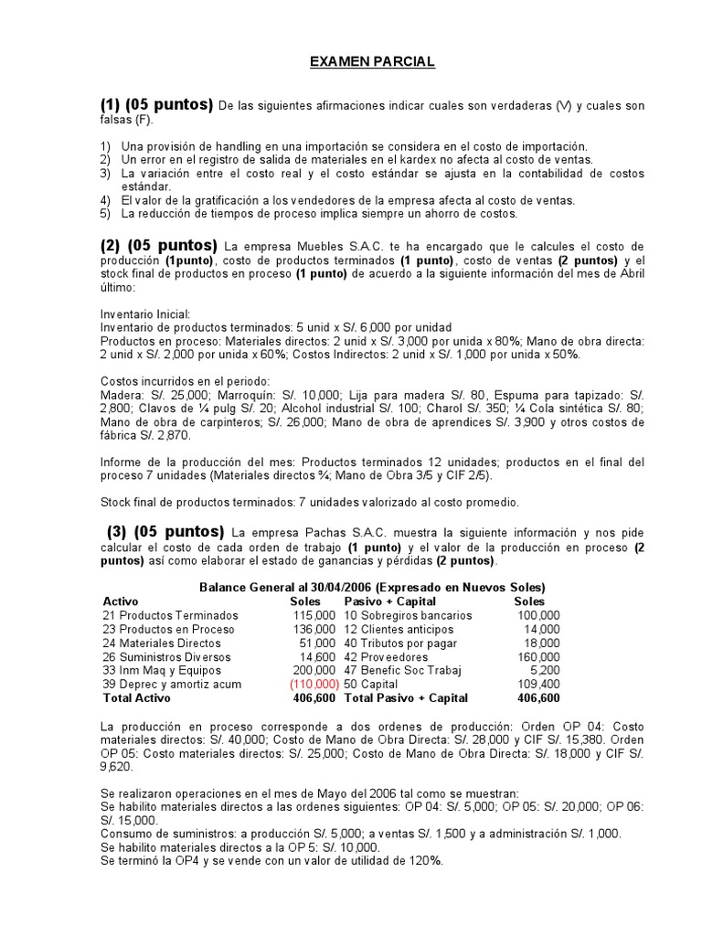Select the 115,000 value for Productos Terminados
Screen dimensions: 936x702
(x=314, y=616)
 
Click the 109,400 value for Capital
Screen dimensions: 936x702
(x=538, y=684)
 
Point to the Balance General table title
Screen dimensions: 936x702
(x=372, y=587)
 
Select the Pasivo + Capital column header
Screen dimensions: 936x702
(x=390, y=601)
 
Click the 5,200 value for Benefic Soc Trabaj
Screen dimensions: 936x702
(x=543, y=670)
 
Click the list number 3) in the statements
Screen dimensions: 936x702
(x=105, y=173)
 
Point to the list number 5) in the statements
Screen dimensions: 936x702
(x=105, y=214)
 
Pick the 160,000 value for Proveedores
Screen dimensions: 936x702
(x=538, y=656)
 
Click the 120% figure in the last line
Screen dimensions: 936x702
(x=427, y=861)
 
